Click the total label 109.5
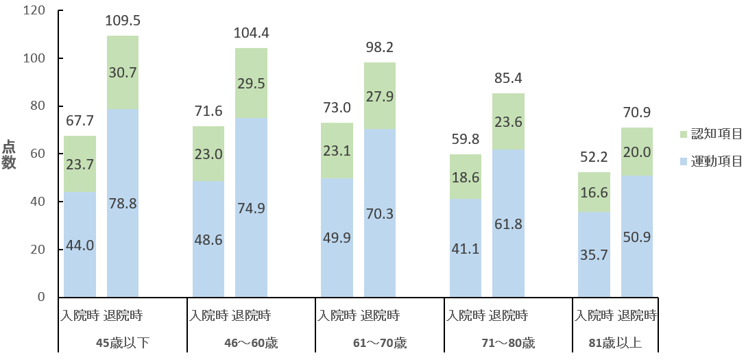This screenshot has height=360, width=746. point(123,22)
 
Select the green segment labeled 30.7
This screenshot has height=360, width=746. point(123,73)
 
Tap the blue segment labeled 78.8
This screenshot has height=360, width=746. point(123,204)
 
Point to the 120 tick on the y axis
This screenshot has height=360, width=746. point(34,11)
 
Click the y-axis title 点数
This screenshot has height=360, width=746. point(10,154)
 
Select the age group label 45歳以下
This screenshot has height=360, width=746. point(123,342)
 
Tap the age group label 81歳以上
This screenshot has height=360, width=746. point(615,342)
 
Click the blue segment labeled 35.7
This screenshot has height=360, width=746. point(594,255)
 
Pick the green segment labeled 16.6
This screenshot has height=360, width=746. point(594,193)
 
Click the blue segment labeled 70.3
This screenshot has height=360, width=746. point(380,213)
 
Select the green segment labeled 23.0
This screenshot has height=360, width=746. point(208,154)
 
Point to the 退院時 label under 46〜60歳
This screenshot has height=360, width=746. point(251,316)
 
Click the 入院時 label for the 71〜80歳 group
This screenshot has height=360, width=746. point(466,316)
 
